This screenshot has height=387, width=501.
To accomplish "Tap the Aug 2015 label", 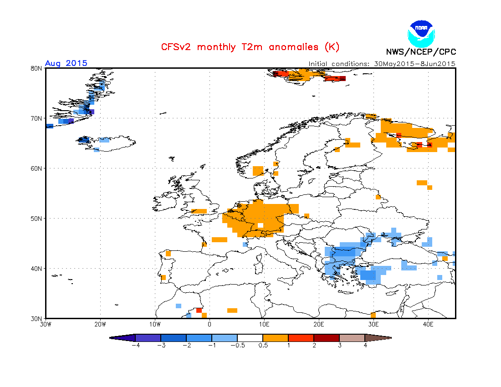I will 66,63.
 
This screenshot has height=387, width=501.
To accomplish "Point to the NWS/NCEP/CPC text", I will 421,52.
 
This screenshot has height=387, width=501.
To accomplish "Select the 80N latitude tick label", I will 36,68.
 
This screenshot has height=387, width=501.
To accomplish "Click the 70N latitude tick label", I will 36,118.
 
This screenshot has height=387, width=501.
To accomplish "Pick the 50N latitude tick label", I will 36,219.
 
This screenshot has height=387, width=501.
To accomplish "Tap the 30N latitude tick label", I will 36,318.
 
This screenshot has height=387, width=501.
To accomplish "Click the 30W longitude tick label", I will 46,325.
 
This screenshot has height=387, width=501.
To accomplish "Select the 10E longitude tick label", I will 264,325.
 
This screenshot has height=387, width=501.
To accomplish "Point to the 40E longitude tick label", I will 428,325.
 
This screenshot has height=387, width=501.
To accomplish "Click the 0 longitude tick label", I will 210,325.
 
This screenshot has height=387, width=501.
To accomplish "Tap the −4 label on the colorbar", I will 135,346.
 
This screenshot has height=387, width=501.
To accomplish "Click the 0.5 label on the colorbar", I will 263,346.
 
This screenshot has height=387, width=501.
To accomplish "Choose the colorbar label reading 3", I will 339,346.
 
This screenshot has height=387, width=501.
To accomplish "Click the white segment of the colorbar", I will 250,338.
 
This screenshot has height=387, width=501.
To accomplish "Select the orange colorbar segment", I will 276,338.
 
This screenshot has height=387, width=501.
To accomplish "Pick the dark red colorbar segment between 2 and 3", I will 327,338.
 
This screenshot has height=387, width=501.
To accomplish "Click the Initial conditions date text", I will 382,64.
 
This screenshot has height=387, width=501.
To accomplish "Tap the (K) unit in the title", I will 332,47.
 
